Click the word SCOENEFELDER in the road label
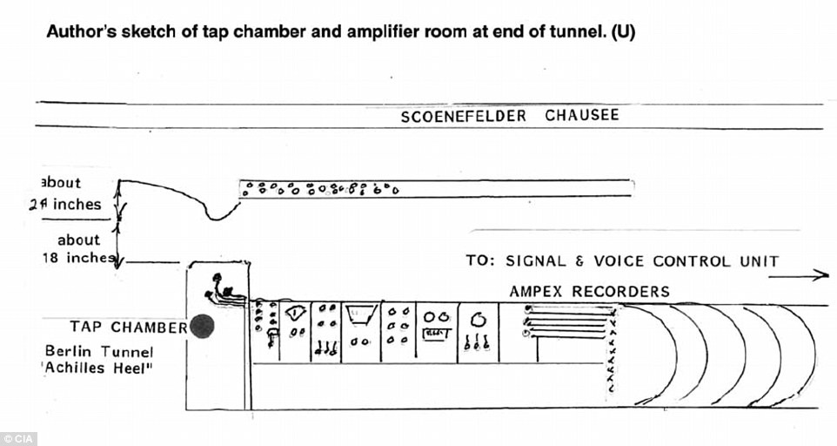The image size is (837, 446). coord(463,116)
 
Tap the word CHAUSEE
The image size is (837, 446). coord(582,115)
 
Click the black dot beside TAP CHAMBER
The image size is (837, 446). coord(202,326)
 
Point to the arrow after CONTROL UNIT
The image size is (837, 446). coord(810,275)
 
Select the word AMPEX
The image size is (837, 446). coord(537,291)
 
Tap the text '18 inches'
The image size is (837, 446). coord(77,258)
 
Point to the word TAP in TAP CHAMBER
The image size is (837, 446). coord(87,328)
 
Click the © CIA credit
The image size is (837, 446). coord(19,438)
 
